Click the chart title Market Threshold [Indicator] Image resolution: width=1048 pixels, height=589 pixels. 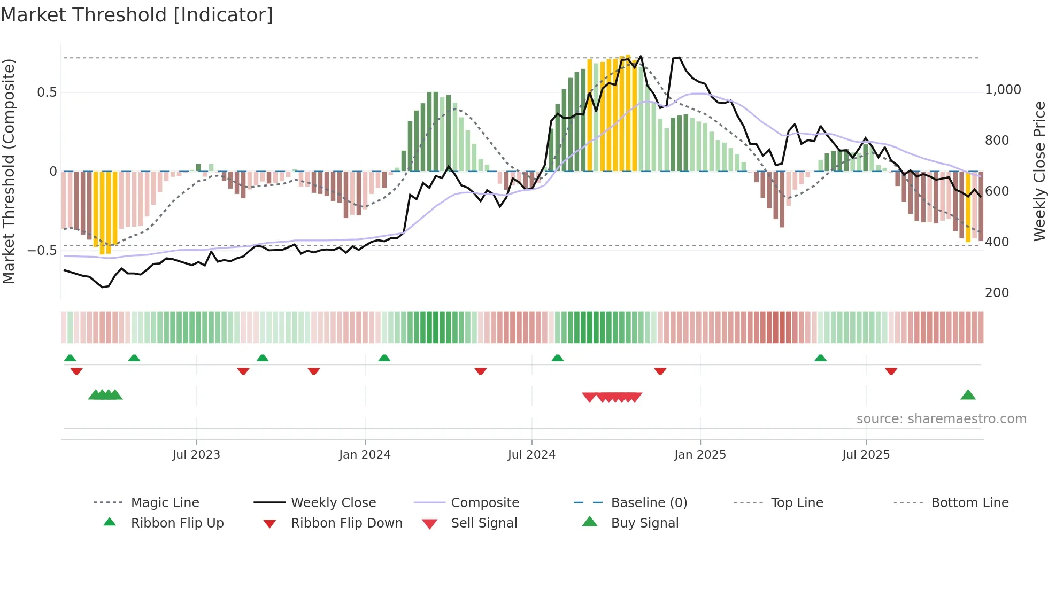(137, 15)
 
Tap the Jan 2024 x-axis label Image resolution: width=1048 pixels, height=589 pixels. (365, 455)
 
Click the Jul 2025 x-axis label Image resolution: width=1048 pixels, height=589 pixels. (866, 455)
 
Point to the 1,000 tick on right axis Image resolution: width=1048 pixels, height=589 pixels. (1003, 90)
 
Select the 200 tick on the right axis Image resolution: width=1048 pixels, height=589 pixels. (997, 293)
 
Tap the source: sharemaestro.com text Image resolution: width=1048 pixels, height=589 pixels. (941, 419)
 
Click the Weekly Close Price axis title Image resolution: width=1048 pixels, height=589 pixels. (1039, 171)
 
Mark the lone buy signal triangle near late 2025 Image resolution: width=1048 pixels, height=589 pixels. (968, 395)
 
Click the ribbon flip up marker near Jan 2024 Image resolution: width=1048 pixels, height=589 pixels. (384, 358)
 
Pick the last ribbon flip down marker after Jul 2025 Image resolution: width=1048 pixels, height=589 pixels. (891, 371)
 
